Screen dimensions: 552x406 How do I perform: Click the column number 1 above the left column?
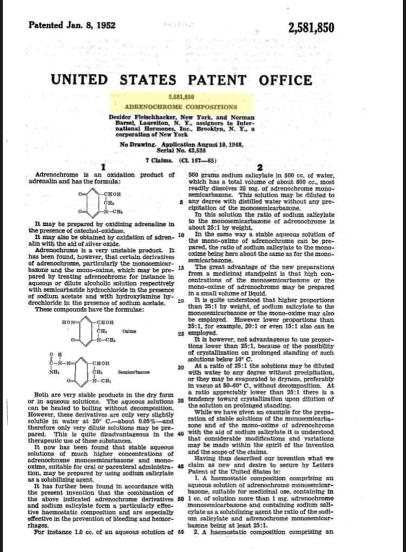click(x=102, y=166)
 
